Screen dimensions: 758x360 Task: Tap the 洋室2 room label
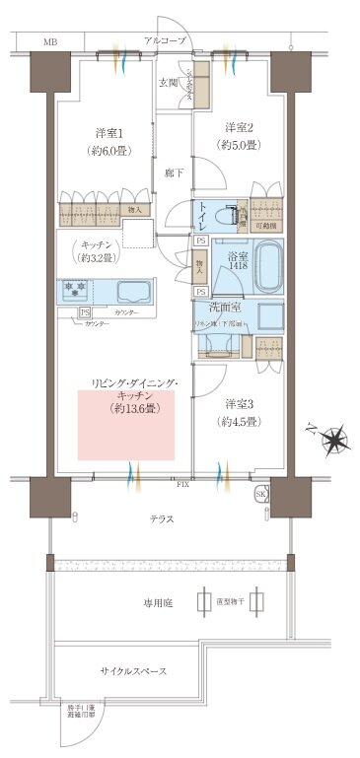tap(240, 127)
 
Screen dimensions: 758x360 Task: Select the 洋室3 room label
tap(240, 405)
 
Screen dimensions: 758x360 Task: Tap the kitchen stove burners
tap(75, 291)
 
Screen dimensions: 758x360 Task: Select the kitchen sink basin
tap(133, 292)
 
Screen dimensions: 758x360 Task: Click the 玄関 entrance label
tap(169, 83)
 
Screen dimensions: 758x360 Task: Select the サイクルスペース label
tap(132, 671)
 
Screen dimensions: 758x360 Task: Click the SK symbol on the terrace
tap(260, 493)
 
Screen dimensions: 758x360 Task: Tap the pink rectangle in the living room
tap(126, 424)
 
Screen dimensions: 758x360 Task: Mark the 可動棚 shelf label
tap(265, 226)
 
